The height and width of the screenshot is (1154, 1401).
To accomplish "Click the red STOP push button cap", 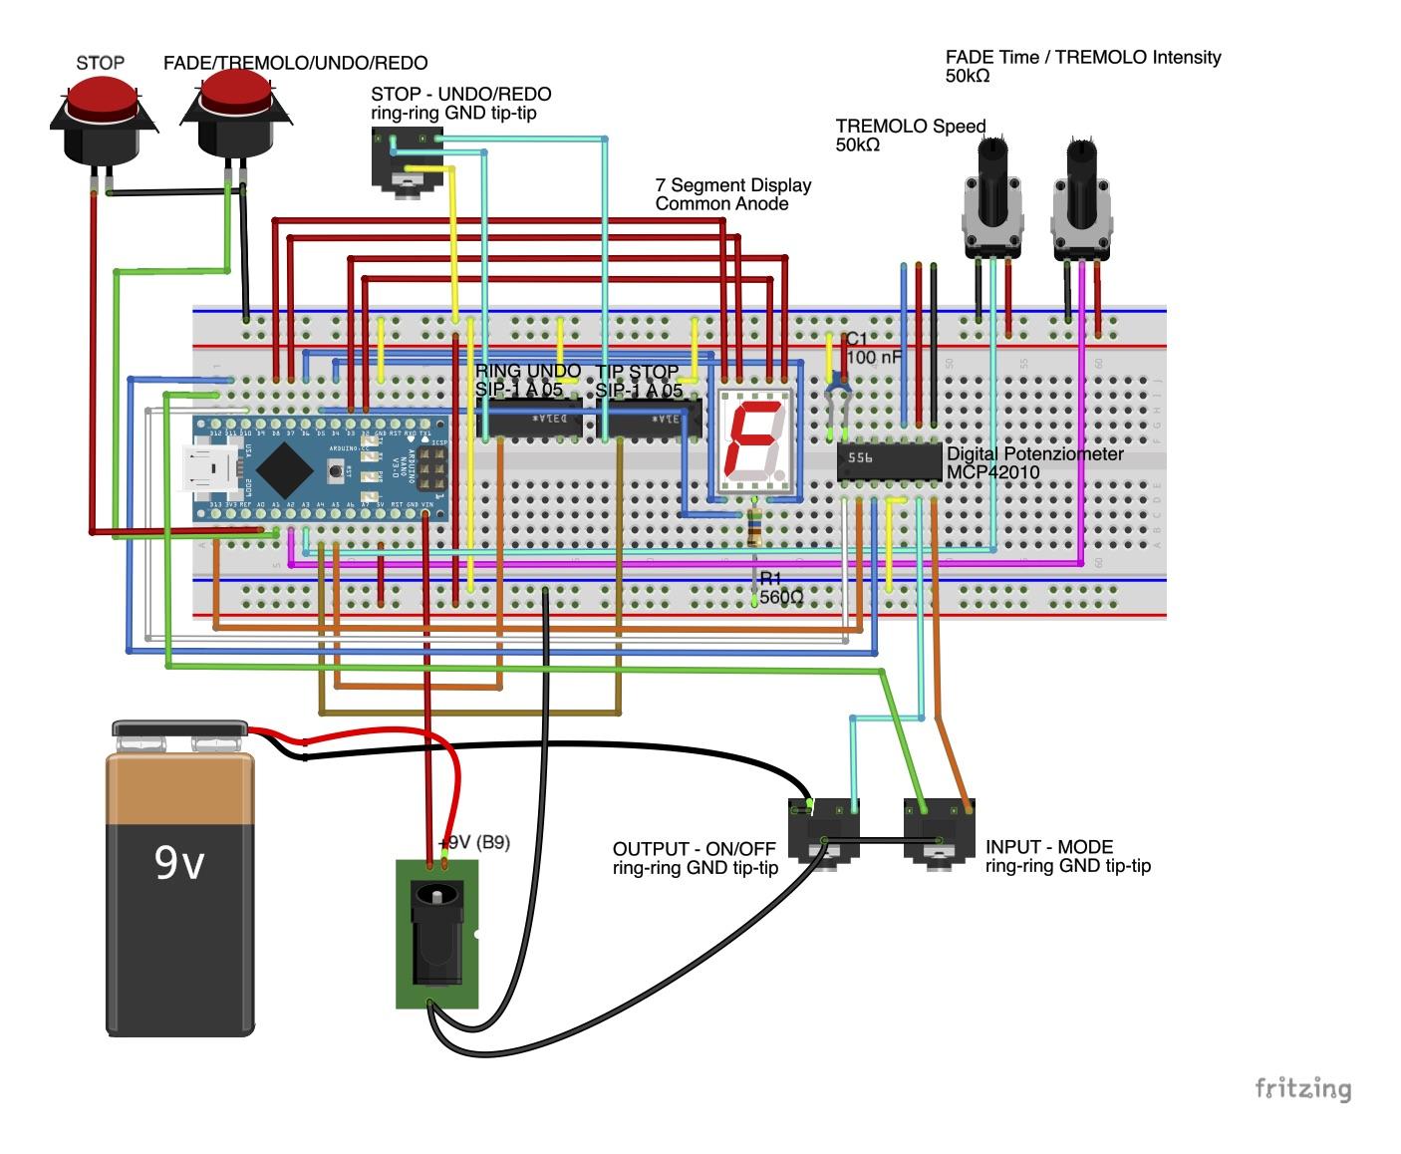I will tap(101, 100).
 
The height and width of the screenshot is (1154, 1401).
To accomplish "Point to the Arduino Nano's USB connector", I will tap(211, 470).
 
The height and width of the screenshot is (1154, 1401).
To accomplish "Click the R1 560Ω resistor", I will tap(754, 524).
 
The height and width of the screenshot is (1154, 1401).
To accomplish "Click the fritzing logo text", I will tap(1302, 1088).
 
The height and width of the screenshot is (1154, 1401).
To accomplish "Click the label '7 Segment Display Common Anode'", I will tap(732, 194).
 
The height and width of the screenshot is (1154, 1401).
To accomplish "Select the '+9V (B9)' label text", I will tap(475, 842).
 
